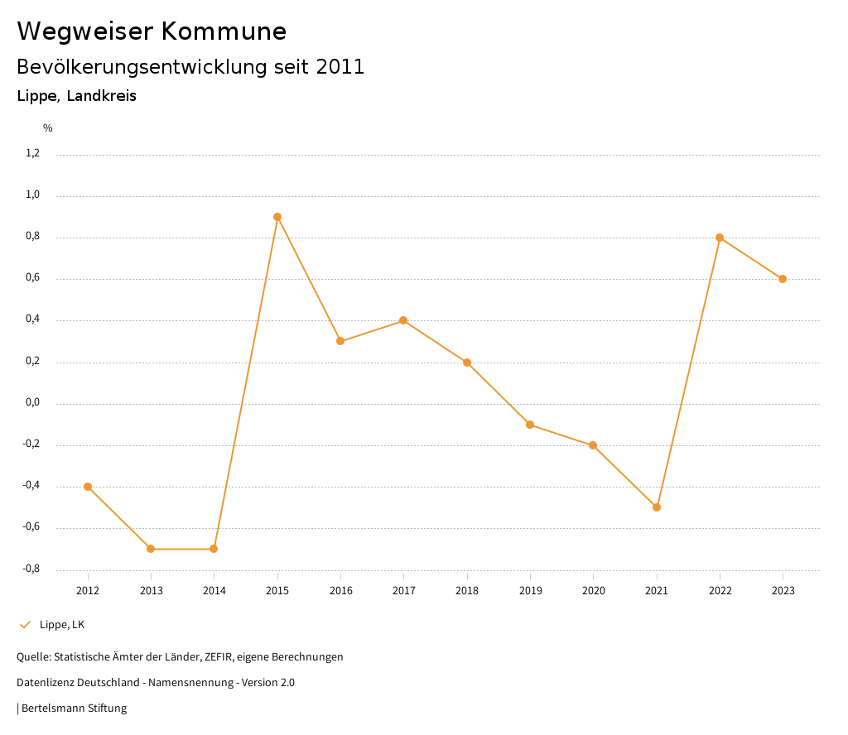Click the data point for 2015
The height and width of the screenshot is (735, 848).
click(x=277, y=217)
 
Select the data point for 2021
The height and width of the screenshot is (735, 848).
click(x=657, y=507)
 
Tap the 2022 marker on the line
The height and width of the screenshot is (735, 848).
click(x=720, y=238)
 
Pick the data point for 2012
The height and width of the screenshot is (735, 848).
click(x=88, y=487)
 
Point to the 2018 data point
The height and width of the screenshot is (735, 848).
click(x=467, y=363)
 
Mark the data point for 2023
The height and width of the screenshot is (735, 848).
click(x=783, y=279)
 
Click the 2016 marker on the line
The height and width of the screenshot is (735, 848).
click(x=340, y=341)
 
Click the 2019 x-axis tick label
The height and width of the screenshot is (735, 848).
click(x=530, y=591)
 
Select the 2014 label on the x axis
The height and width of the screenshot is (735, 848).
click(x=214, y=591)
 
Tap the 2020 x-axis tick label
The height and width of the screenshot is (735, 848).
click(x=593, y=591)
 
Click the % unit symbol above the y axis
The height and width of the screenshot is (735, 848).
click(x=48, y=128)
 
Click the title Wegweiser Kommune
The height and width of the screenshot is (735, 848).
click(x=152, y=31)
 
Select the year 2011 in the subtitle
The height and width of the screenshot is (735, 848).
click(x=340, y=67)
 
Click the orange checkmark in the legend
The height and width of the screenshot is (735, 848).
click(x=25, y=625)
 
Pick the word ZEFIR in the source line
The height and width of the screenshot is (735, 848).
click(x=218, y=657)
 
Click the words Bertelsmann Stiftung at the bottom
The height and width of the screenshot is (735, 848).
click(x=74, y=709)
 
